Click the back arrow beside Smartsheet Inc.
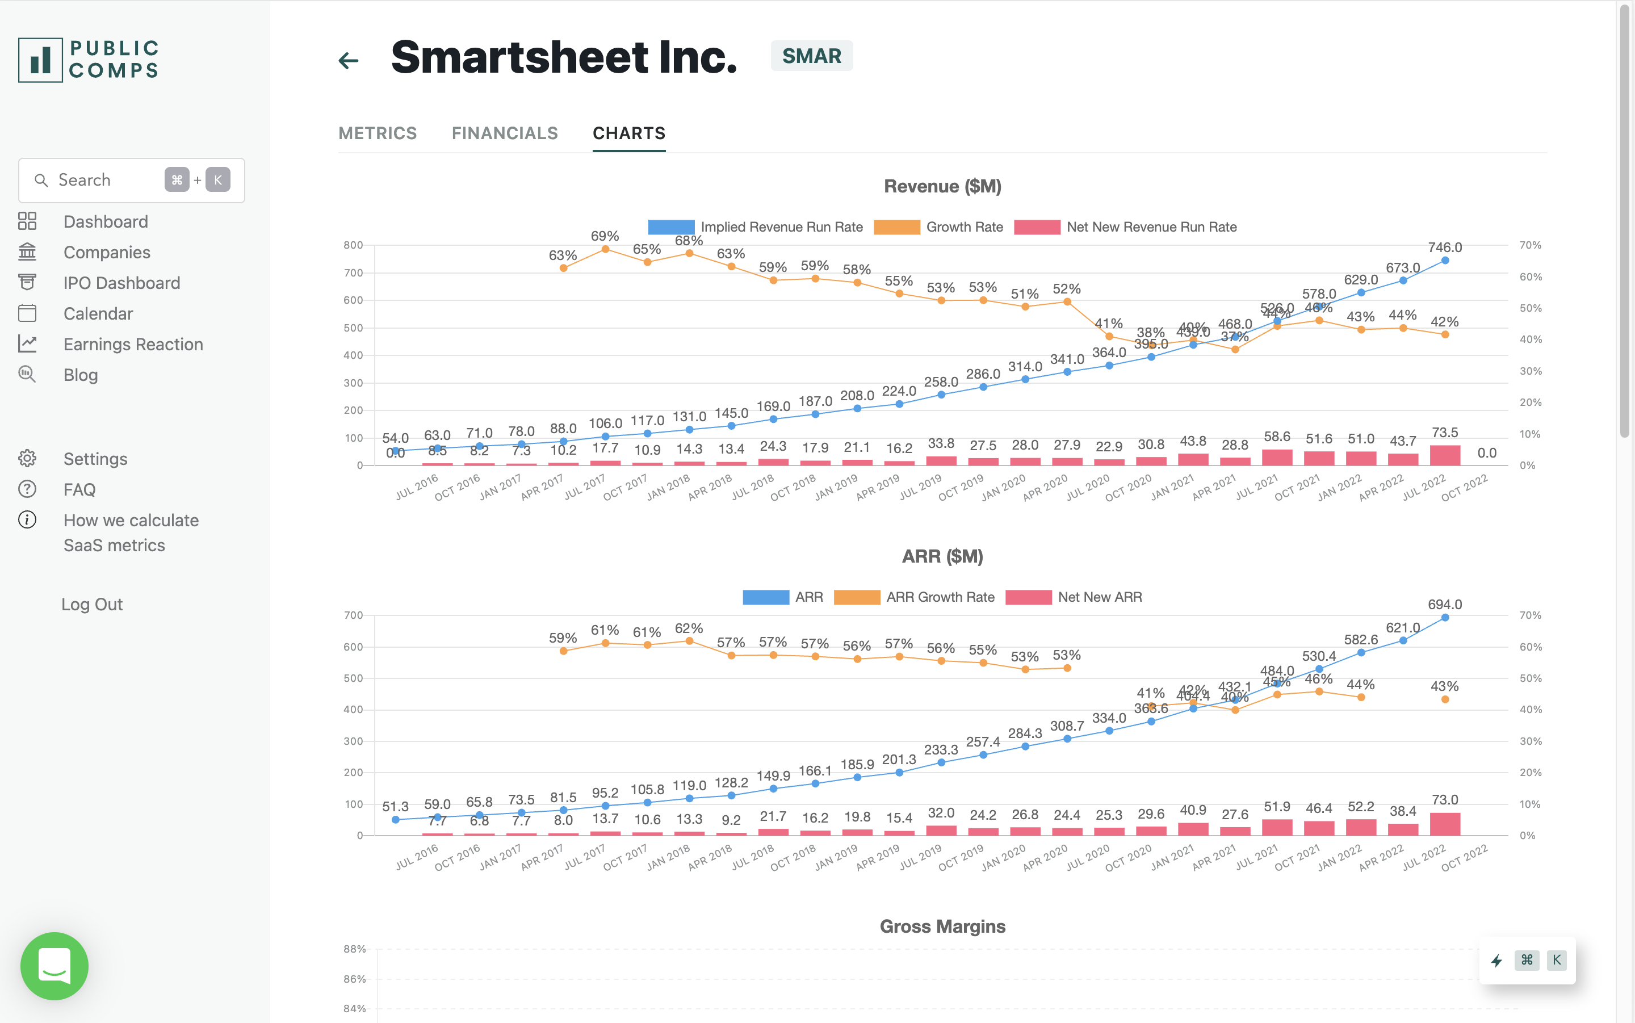[x=349, y=61]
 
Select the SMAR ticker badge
[x=811, y=56]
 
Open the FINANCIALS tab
[x=505, y=133]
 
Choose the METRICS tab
[x=378, y=133]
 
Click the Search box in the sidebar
[x=102, y=180]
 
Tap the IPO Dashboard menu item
[x=121, y=283]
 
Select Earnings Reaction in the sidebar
[x=133, y=345]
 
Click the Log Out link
[x=92, y=604]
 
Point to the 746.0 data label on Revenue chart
[x=1445, y=248]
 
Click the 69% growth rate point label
[x=605, y=236]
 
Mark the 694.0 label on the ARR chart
[x=1445, y=604]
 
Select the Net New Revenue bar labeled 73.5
[x=1445, y=455]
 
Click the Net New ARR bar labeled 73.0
[x=1445, y=824]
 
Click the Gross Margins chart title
[x=942, y=926]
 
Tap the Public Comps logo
[x=89, y=60]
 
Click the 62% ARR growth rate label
[x=689, y=628]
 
